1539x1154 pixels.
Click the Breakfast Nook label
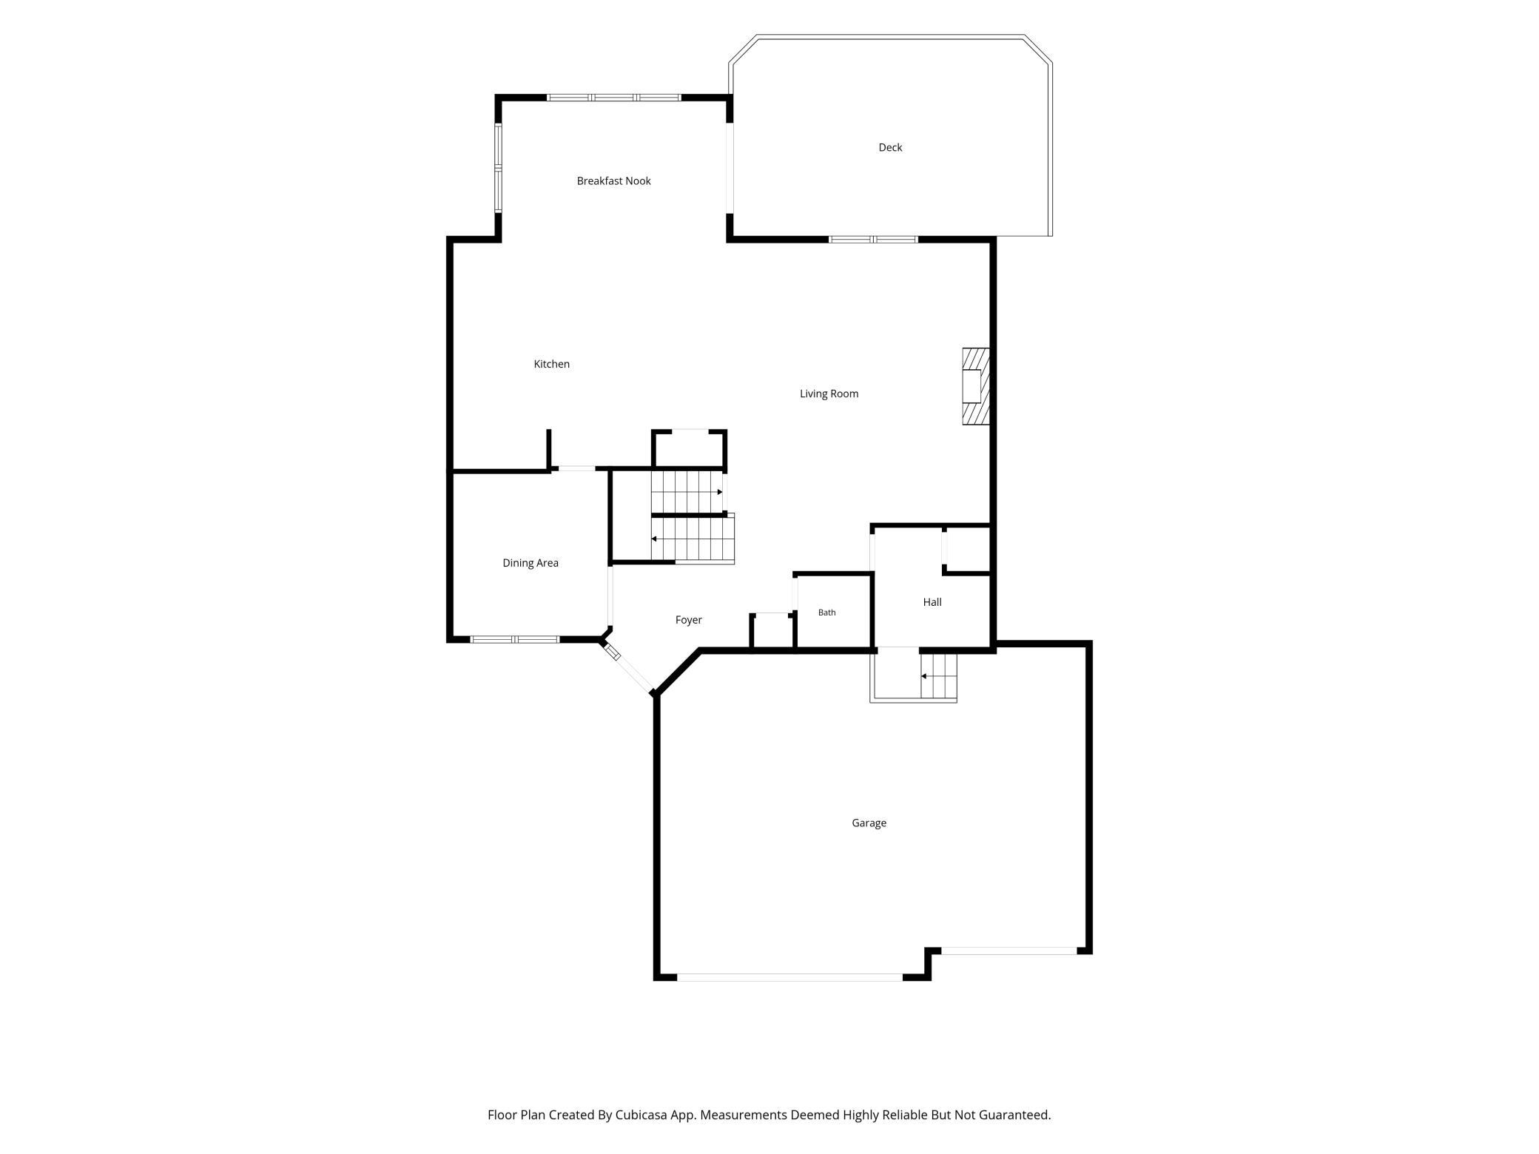pyautogui.click(x=613, y=181)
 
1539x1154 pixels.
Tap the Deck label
pyautogui.click(x=890, y=148)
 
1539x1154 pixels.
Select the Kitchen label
pyautogui.click(x=552, y=364)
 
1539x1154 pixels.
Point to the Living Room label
pyautogui.click(x=829, y=394)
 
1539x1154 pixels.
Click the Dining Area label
pyautogui.click(x=531, y=563)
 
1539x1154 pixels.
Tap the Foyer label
pyautogui.click(x=688, y=620)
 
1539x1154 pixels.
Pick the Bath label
pyautogui.click(x=826, y=613)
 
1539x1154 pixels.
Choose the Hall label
pyautogui.click(x=932, y=602)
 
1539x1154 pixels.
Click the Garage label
pyautogui.click(x=869, y=823)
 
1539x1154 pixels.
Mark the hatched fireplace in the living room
pyautogui.click(x=976, y=386)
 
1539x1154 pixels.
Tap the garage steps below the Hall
pyautogui.click(x=939, y=676)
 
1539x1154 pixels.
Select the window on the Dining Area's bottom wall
pyautogui.click(x=515, y=639)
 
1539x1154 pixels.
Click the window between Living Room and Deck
pyautogui.click(x=873, y=240)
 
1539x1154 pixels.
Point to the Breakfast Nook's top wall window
pyautogui.click(x=613, y=98)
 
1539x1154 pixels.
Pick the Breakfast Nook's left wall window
pyautogui.click(x=499, y=168)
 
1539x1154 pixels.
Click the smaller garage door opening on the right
pyautogui.click(x=1008, y=951)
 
